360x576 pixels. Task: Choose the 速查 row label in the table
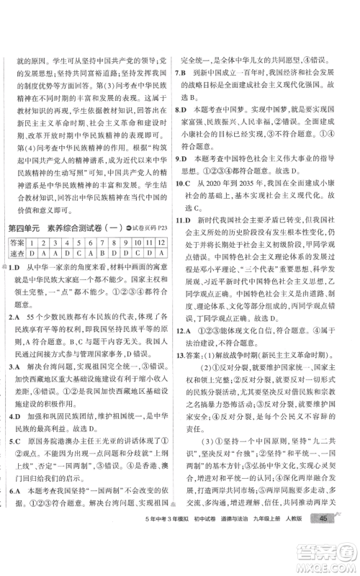[17, 253]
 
